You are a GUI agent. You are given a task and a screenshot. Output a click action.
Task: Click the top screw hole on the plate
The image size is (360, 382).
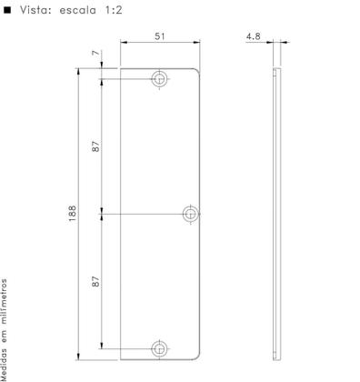160,78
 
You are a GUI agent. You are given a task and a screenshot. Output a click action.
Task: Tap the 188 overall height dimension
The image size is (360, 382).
72,214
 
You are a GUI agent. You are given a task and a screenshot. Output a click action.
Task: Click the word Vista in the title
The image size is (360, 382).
35,10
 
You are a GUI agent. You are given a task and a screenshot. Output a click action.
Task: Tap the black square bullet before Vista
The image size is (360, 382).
7,10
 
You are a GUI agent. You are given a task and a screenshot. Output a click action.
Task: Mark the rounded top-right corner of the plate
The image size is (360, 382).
199,70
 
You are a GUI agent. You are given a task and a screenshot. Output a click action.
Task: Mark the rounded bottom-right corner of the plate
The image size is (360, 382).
199,357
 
